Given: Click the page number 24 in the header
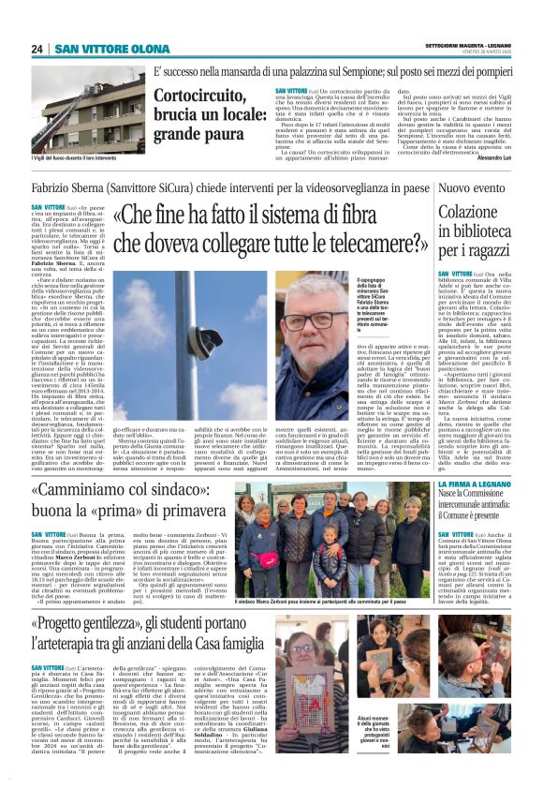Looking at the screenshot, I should tap(37, 49).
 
